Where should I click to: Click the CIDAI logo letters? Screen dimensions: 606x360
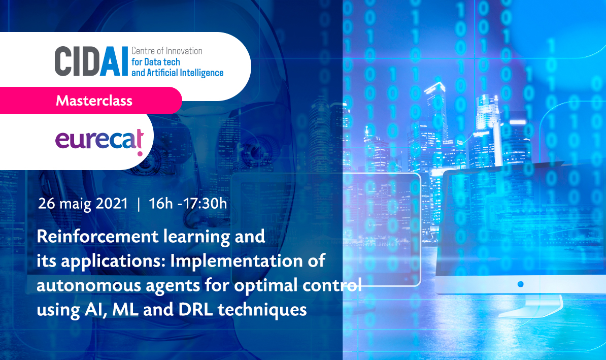pyautogui.click(x=91, y=61)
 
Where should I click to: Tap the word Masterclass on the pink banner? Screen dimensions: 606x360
pyautogui.click(x=94, y=101)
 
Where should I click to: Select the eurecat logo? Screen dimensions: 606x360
pyautogui.click(x=99, y=140)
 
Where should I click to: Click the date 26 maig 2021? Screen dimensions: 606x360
pyautogui.click(x=83, y=204)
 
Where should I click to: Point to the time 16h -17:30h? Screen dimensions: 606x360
pyautogui.click(x=188, y=204)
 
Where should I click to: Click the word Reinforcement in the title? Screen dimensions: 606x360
pyautogui.click(x=98, y=236)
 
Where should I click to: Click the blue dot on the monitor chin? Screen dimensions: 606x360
pyautogui.click(x=520, y=284)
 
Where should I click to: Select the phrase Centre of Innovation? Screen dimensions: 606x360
pyautogui.click(x=167, y=51)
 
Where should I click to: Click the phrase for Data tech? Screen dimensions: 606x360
pyautogui.click(x=156, y=62)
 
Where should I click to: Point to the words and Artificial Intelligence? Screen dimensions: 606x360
pyautogui.click(x=178, y=73)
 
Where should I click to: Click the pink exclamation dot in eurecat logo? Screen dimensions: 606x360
pyautogui.click(x=140, y=154)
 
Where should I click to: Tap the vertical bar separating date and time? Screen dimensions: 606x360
pyautogui.click(x=139, y=204)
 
